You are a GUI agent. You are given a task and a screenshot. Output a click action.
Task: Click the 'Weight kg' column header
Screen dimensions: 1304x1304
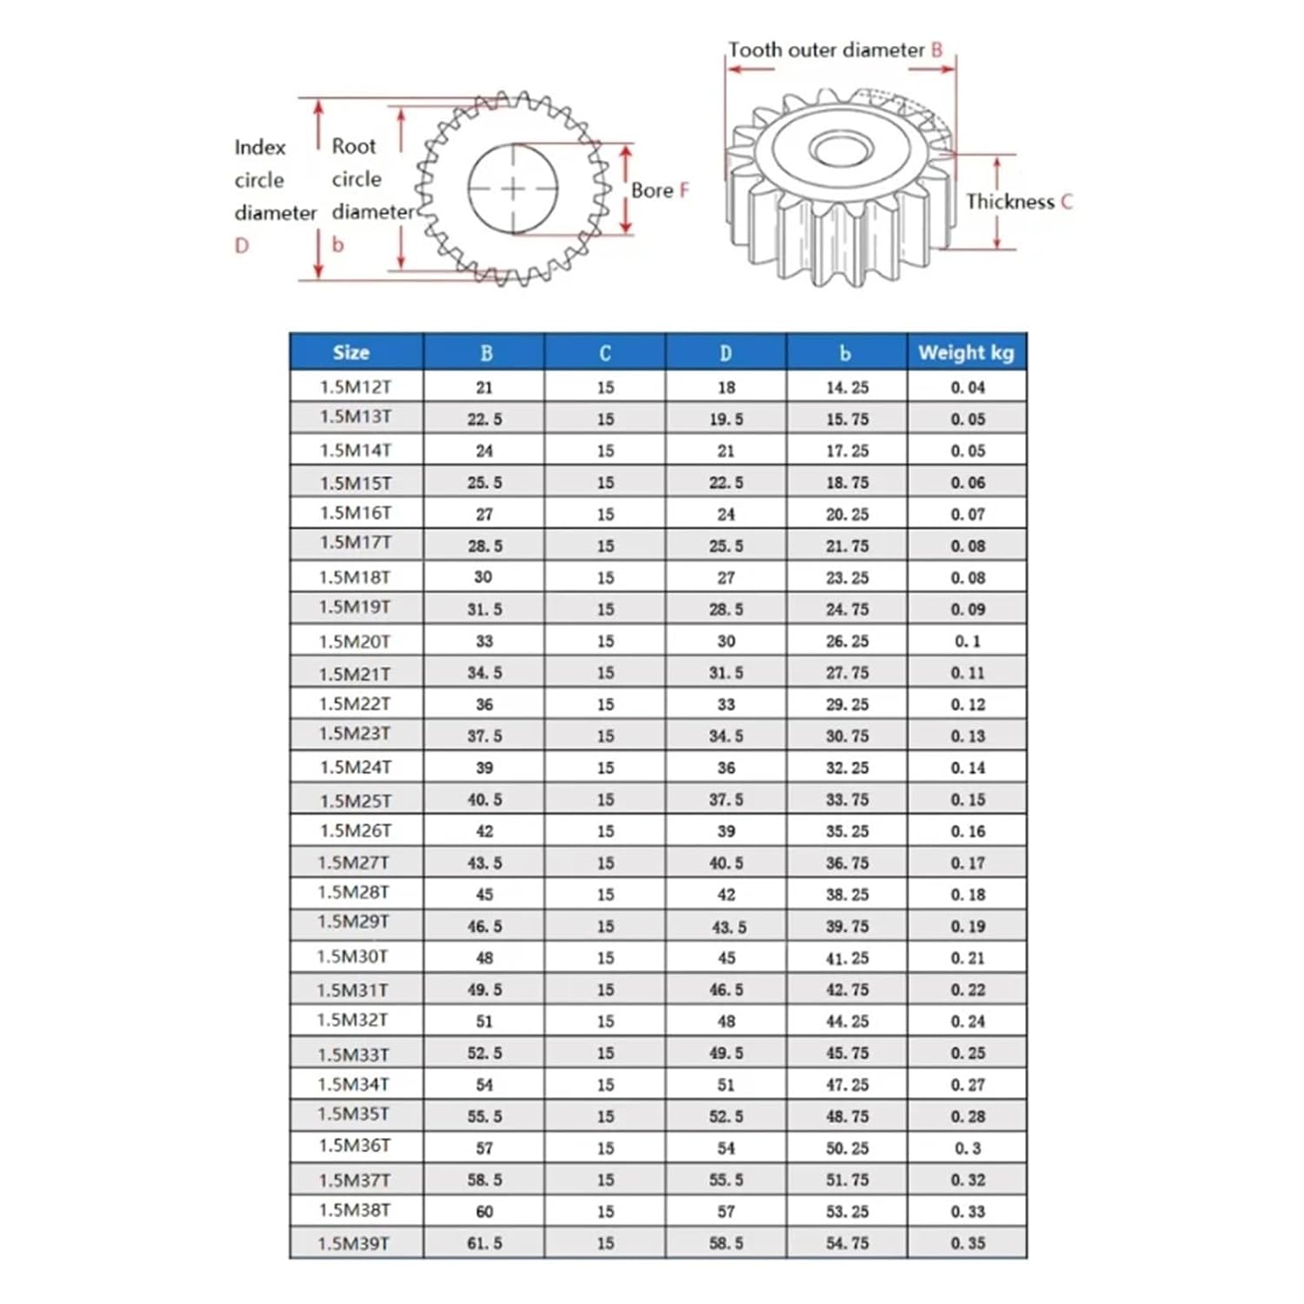[966, 352]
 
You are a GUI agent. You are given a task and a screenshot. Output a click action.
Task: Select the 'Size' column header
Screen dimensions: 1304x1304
[351, 352]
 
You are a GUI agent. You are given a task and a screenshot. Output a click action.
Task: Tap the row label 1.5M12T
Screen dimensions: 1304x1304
[356, 387]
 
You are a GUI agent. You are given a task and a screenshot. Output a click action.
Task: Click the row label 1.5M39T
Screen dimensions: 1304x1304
[354, 1243]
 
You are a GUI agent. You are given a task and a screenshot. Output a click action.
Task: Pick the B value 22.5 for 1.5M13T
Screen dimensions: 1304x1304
[484, 419]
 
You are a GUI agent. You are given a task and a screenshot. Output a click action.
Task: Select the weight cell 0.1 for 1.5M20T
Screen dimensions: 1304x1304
[967, 641]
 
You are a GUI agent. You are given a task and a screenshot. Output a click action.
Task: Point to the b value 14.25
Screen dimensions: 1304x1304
[847, 387]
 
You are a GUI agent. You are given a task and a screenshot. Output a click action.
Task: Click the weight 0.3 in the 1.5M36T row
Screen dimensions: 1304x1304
[967, 1148]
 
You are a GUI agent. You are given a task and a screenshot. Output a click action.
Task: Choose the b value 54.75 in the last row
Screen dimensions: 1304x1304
[847, 1243]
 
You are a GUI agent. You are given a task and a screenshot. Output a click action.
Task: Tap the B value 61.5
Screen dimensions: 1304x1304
[484, 1243]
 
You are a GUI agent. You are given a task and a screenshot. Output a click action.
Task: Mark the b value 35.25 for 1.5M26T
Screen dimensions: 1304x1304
[847, 831]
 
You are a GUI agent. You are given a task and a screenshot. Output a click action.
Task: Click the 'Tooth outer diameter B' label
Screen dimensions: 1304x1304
[835, 50]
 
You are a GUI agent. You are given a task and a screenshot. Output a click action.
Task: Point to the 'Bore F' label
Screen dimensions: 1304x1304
[660, 190]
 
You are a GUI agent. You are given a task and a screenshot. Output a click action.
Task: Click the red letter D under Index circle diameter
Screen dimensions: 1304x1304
[242, 246]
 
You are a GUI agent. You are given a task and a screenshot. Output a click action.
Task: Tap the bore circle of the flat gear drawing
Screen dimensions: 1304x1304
[513, 189]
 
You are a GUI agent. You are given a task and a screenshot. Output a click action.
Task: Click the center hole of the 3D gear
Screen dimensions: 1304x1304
[841, 148]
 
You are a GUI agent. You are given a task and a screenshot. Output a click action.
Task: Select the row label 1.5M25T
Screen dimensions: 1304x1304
[356, 800]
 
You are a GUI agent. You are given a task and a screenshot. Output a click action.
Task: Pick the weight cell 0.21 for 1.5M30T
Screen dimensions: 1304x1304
[967, 958]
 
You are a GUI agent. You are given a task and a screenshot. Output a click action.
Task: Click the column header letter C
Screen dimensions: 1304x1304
[605, 352]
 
